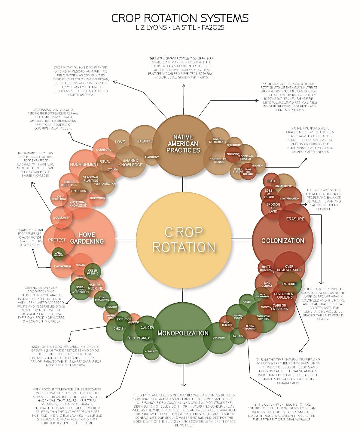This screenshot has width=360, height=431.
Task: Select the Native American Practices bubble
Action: tap(183, 144)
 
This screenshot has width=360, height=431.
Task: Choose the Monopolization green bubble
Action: tap(183, 333)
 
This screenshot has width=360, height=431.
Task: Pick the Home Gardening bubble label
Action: tap(87, 238)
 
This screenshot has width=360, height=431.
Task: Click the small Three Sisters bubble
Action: tap(238, 170)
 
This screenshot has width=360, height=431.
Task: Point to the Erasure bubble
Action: tap(295, 219)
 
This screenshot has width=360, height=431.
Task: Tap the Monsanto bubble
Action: tap(218, 338)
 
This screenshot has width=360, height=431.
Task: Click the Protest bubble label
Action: tap(57, 240)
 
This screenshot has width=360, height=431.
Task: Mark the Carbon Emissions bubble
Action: tap(279, 307)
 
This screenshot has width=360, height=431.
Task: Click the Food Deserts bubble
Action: tap(227, 324)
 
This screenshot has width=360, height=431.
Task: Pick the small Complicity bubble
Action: tap(151, 351)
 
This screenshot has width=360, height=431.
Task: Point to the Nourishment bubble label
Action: tap(84, 165)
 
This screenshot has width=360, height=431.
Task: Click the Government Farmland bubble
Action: tap(284, 296)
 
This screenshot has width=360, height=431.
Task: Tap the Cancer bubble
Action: tap(147, 328)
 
